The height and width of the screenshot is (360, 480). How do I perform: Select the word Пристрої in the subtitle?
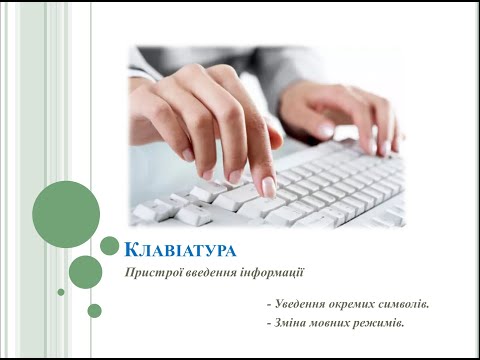tap(149, 272)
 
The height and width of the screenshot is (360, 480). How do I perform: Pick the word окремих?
tap(361, 302)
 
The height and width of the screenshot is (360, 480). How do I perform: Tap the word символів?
tap(416, 302)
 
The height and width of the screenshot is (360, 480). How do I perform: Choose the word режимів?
tap(390, 322)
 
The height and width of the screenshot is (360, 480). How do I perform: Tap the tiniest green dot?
tap(61, 292)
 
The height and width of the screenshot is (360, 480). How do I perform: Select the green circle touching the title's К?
tap(110, 245)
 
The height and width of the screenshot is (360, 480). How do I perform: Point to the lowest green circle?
tap(94, 310)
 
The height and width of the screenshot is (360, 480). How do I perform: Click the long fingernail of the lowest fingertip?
tap(268, 186)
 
